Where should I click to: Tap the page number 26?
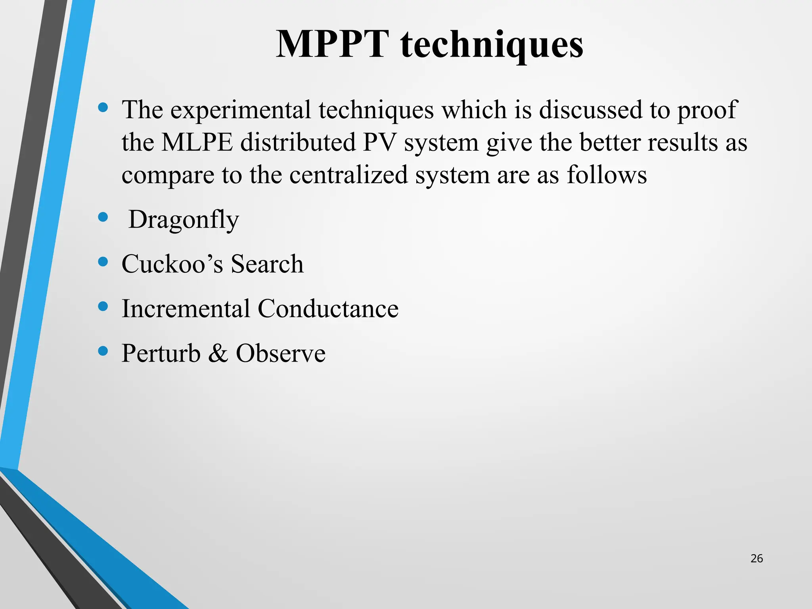tap(756, 559)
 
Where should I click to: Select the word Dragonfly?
tap(184, 220)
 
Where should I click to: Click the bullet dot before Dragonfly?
tap(103, 217)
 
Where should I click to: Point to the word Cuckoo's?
tap(172, 264)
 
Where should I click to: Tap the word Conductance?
tap(328, 308)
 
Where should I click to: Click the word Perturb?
tap(161, 353)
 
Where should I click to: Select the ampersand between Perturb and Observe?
tap(218, 353)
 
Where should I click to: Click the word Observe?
tap(281, 353)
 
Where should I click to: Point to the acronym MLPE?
tap(197, 142)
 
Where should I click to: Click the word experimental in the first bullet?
tap(241, 110)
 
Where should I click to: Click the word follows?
tap(607, 175)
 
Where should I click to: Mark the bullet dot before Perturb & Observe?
tap(103, 351)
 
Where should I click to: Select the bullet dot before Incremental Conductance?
tap(103, 306)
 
